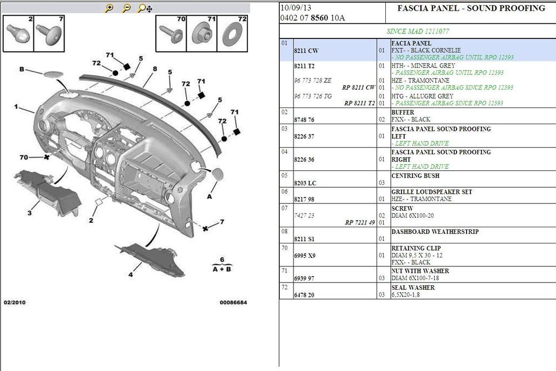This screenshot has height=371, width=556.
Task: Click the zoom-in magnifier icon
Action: coord(109,8)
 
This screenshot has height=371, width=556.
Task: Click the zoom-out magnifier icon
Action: coord(126,8)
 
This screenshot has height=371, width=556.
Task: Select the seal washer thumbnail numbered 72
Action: coord(232,34)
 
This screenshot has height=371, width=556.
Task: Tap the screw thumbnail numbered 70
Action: coord(171,34)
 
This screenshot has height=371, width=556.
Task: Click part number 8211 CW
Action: coord(306,51)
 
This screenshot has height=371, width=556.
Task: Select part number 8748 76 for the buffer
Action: coord(304,120)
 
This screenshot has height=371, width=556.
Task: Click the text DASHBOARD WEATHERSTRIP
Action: coord(435,232)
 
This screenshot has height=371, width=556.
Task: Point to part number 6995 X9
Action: coord(305,256)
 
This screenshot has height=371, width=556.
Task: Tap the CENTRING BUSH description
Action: coord(415,175)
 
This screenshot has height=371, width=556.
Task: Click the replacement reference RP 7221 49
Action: coord(360,222)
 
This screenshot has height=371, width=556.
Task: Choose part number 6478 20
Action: coord(304,295)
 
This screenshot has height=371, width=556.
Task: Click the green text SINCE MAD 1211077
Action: coord(418,31)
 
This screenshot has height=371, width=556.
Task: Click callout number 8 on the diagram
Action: coord(155,69)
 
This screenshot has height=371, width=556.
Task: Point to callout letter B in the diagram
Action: coord(22,69)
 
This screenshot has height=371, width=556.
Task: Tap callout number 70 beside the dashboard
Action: coord(24,157)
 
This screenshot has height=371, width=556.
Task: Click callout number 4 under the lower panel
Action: coord(131,274)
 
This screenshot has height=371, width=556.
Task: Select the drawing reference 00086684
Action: coord(234,302)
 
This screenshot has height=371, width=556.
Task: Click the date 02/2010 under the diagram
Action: coord(14,302)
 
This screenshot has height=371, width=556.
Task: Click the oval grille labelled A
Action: coord(217,174)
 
